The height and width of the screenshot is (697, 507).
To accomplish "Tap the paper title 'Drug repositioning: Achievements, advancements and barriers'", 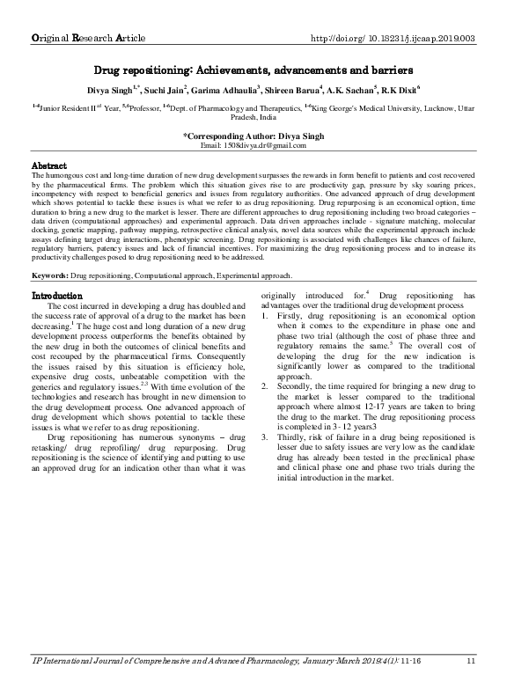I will (x=253, y=69).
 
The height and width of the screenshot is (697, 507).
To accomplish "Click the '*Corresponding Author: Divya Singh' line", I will (x=253, y=136).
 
